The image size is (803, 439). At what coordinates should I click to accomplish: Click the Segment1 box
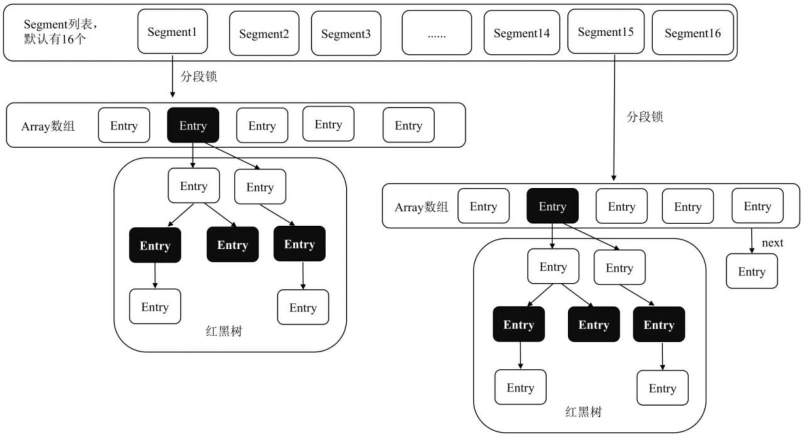[x=172, y=31]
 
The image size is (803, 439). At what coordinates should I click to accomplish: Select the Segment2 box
[x=264, y=33]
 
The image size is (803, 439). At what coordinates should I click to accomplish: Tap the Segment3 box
[x=346, y=33]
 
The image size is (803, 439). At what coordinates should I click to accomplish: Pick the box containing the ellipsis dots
[x=436, y=32]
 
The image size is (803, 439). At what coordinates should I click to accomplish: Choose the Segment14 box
[x=521, y=32]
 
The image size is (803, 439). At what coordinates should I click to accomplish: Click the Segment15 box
[x=606, y=31]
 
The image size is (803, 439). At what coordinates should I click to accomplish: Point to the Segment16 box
[x=692, y=32]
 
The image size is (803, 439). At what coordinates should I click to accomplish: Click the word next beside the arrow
[x=772, y=243]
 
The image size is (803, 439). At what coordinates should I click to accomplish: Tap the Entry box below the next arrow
[x=751, y=271]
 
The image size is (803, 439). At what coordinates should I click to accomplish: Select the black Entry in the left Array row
[x=193, y=125]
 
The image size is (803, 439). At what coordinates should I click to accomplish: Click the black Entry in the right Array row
[x=552, y=206]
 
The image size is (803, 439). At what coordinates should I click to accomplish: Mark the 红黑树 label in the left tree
[x=224, y=331]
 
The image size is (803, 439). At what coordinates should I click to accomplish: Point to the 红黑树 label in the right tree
[x=583, y=412]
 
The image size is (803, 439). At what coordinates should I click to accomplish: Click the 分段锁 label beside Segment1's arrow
[x=198, y=76]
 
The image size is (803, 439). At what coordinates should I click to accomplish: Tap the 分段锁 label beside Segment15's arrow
[x=645, y=117]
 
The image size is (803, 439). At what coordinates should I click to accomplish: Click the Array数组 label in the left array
[x=48, y=126]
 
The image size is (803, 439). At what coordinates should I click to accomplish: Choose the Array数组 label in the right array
[x=421, y=207]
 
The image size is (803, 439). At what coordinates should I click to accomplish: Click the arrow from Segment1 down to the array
[x=172, y=76]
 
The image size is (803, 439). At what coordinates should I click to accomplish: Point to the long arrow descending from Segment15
[x=614, y=117]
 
